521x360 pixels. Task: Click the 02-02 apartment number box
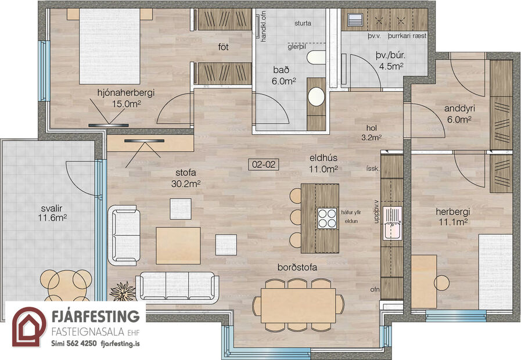click(x=263, y=165)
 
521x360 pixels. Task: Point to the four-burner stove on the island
click(x=327, y=218)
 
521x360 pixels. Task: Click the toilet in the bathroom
click(x=317, y=57)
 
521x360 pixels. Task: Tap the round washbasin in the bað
click(x=316, y=96)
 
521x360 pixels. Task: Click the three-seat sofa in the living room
click(x=177, y=286)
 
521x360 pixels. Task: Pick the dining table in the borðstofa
click(x=297, y=304)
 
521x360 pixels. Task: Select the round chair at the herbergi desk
click(x=442, y=283)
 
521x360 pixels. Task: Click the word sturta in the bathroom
click(x=302, y=24)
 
